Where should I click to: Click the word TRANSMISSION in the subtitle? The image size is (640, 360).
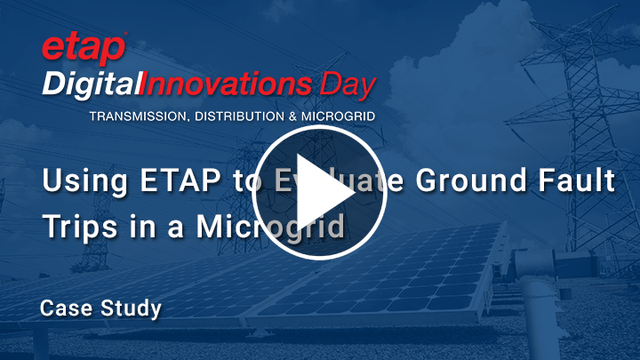point(133,116)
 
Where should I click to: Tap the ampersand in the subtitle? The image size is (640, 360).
point(284,116)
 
